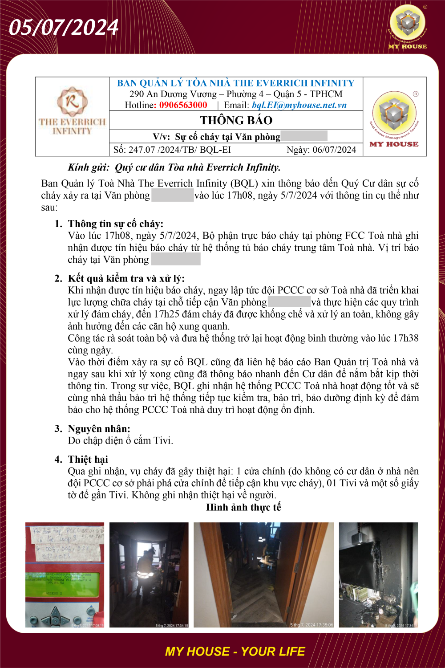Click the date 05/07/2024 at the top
pos(64,28)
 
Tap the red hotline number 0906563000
pos(183,105)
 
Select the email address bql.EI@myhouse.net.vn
pos(299,105)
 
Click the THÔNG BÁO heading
pos(236,120)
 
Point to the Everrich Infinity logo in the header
pos(72,111)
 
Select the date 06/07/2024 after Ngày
pos(334,150)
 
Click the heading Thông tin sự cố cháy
pos(115,224)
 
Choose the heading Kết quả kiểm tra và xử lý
pos(126,278)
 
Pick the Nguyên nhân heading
pos(99,428)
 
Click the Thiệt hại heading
pos(88,459)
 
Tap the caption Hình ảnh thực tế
pos(243,507)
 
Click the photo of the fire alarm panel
pos(65,574)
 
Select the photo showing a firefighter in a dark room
pos(149,574)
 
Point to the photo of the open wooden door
pos(263,574)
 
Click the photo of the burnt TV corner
pos(378,574)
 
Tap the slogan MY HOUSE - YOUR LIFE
pos(235,652)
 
